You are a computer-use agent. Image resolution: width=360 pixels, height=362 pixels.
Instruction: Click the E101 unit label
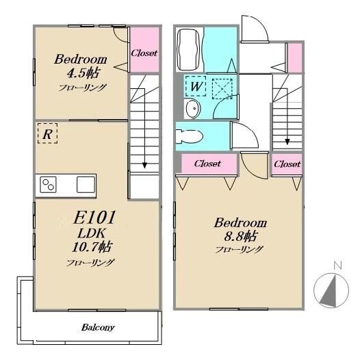(x=94, y=218)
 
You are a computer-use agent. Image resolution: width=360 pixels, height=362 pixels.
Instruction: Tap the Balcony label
(x=98, y=327)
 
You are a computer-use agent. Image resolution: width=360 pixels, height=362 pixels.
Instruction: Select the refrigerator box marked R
(x=48, y=133)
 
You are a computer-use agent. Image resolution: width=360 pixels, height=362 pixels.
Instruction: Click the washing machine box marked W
(x=195, y=86)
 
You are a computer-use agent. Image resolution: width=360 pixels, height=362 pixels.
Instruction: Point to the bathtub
(x=188, y=49)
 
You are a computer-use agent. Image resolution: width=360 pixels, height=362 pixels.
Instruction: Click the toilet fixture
(x=189, y=136)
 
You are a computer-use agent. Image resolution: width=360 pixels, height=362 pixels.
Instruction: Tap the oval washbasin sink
(x=193, y=108)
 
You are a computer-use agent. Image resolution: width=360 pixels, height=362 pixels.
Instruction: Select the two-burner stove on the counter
(x=48, y=185)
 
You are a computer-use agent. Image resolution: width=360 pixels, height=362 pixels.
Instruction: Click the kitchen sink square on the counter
(x=86, y=185)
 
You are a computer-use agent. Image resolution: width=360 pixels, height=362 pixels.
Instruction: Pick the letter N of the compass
(x=338, y=266)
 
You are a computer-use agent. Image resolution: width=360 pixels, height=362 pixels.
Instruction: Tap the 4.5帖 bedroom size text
(x=83, y=73)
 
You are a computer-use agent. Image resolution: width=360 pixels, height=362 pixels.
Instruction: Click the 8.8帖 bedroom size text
(x=240, y=236)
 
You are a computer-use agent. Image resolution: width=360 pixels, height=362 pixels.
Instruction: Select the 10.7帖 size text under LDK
(x=92, y=247)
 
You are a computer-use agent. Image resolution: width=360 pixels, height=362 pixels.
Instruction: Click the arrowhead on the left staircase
(x=144, y=166)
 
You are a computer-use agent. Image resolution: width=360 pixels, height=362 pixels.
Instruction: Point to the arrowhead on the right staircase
(x=287, y=142)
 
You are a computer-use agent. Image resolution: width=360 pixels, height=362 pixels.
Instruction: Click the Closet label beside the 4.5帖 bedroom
(x=144, y=53)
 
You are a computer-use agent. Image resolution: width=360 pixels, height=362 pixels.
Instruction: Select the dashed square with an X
(x=222, y=89)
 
